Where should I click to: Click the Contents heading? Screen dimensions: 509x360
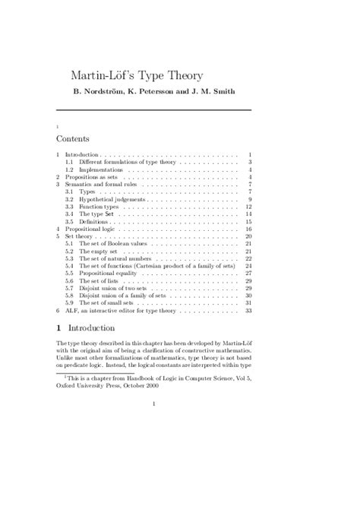73,139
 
